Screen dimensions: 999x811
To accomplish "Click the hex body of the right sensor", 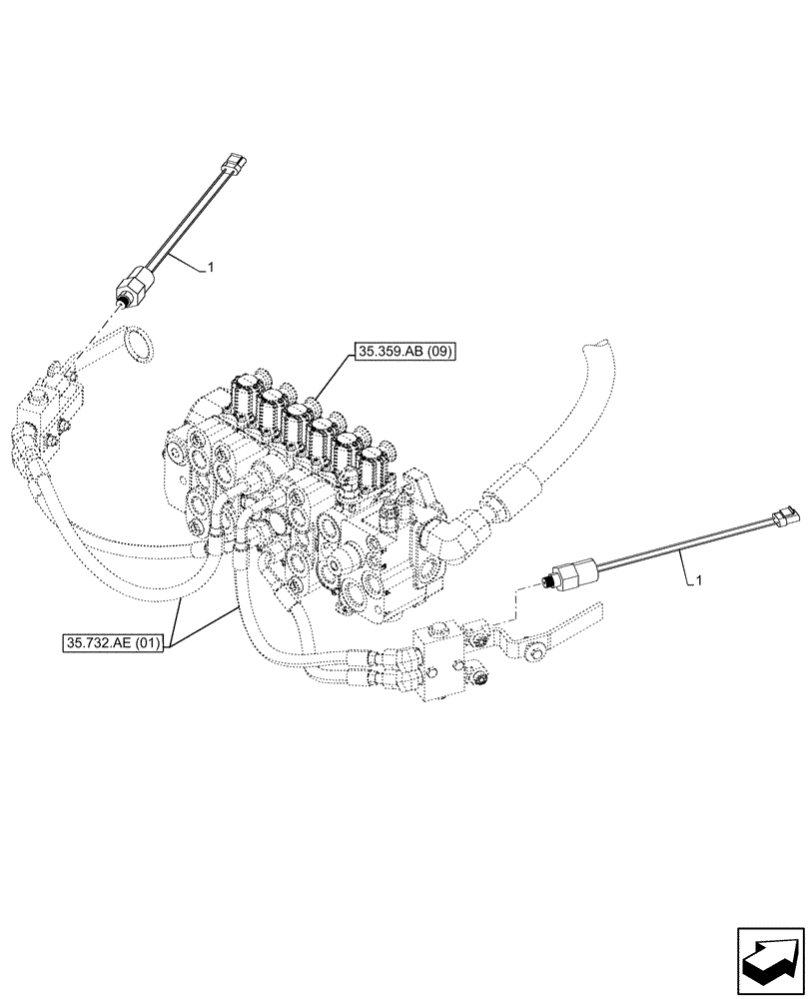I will tap(572, 572).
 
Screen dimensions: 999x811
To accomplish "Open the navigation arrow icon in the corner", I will tap(769, 956).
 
